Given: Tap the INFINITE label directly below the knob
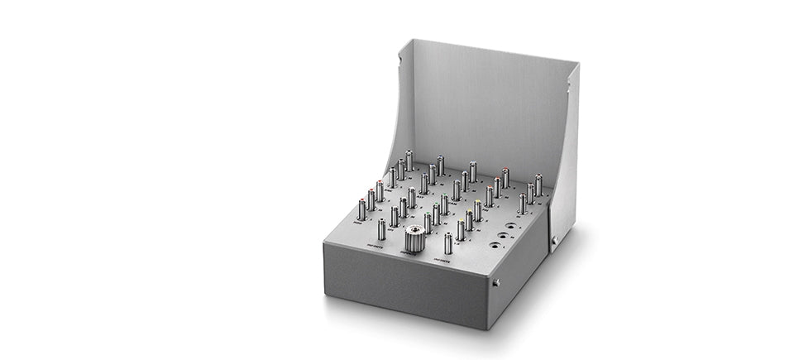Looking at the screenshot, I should (x=411, y=254).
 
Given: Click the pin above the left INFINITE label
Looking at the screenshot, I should (x=381, y=229).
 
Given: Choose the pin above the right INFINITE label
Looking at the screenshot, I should (x=447, y=242).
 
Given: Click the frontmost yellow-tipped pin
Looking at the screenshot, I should (x=461, y=229).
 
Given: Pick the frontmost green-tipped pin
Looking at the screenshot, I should (x=428, y=222).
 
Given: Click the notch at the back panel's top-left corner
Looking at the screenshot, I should (x=399, y=59).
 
